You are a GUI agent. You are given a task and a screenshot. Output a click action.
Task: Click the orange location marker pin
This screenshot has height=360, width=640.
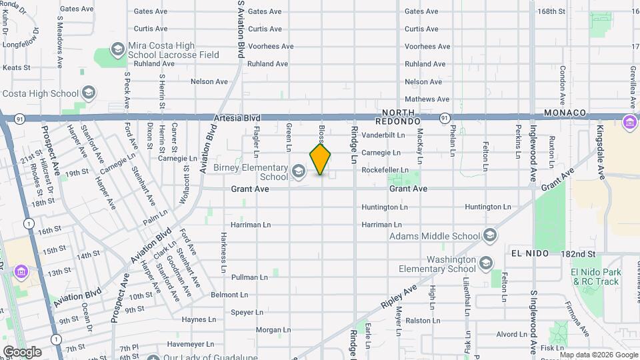point(321,159)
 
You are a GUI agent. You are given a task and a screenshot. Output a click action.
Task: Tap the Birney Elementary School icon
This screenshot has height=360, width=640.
point(298,171)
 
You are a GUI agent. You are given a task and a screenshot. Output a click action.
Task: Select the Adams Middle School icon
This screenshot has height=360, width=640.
point(490,235)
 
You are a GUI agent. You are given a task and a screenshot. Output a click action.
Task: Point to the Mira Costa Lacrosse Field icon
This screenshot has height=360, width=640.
point(118,50)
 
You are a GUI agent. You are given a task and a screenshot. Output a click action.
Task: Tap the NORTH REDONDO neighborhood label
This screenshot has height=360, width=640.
point(397,117)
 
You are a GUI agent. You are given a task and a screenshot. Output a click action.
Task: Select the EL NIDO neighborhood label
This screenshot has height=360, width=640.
point(529,254)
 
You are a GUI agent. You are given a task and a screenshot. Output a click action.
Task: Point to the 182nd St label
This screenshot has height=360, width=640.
point(577,254)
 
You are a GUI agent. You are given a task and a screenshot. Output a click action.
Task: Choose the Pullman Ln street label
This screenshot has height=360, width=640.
point(249,276)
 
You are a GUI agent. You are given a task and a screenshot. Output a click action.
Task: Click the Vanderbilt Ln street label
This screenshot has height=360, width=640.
point(383,135)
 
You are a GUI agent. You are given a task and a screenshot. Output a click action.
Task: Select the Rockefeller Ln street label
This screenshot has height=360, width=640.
point(384,171)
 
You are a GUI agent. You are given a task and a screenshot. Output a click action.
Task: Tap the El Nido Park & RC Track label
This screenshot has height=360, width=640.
point(596,277)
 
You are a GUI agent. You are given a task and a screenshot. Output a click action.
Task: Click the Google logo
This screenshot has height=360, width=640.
point(22,351)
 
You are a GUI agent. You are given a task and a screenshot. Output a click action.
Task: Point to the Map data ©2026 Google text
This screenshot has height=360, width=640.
point(599,355)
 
